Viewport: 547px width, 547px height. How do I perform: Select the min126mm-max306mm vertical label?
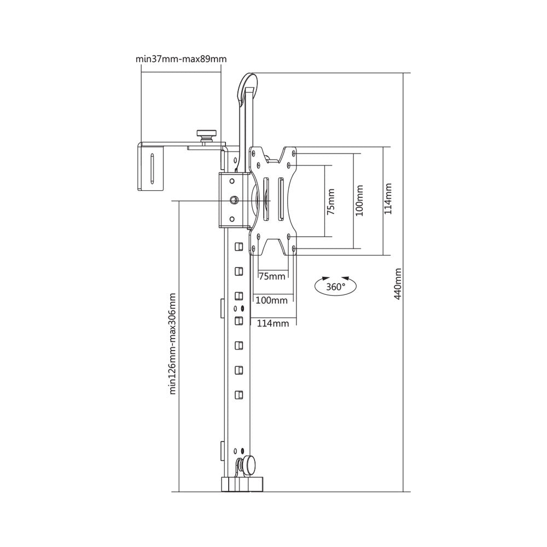click(x=172, y=343)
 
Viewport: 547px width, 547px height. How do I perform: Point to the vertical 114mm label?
click(x=387, y=199)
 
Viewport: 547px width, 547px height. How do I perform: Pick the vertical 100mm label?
click(x=359, y=200)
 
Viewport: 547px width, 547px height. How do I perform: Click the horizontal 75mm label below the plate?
click(x=272, y=276)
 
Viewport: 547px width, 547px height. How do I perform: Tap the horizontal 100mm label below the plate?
click(x=272, y=300)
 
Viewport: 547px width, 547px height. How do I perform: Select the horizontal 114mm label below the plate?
click(x=272, y=323)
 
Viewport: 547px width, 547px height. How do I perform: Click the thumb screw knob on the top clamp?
click(x=207, y=133)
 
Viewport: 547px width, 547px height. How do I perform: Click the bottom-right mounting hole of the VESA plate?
click(x=294, y=249)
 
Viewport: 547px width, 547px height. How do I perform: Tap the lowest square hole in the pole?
click(x=238, y=394)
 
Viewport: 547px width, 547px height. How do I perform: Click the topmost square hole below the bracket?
click(x=238, y=247)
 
